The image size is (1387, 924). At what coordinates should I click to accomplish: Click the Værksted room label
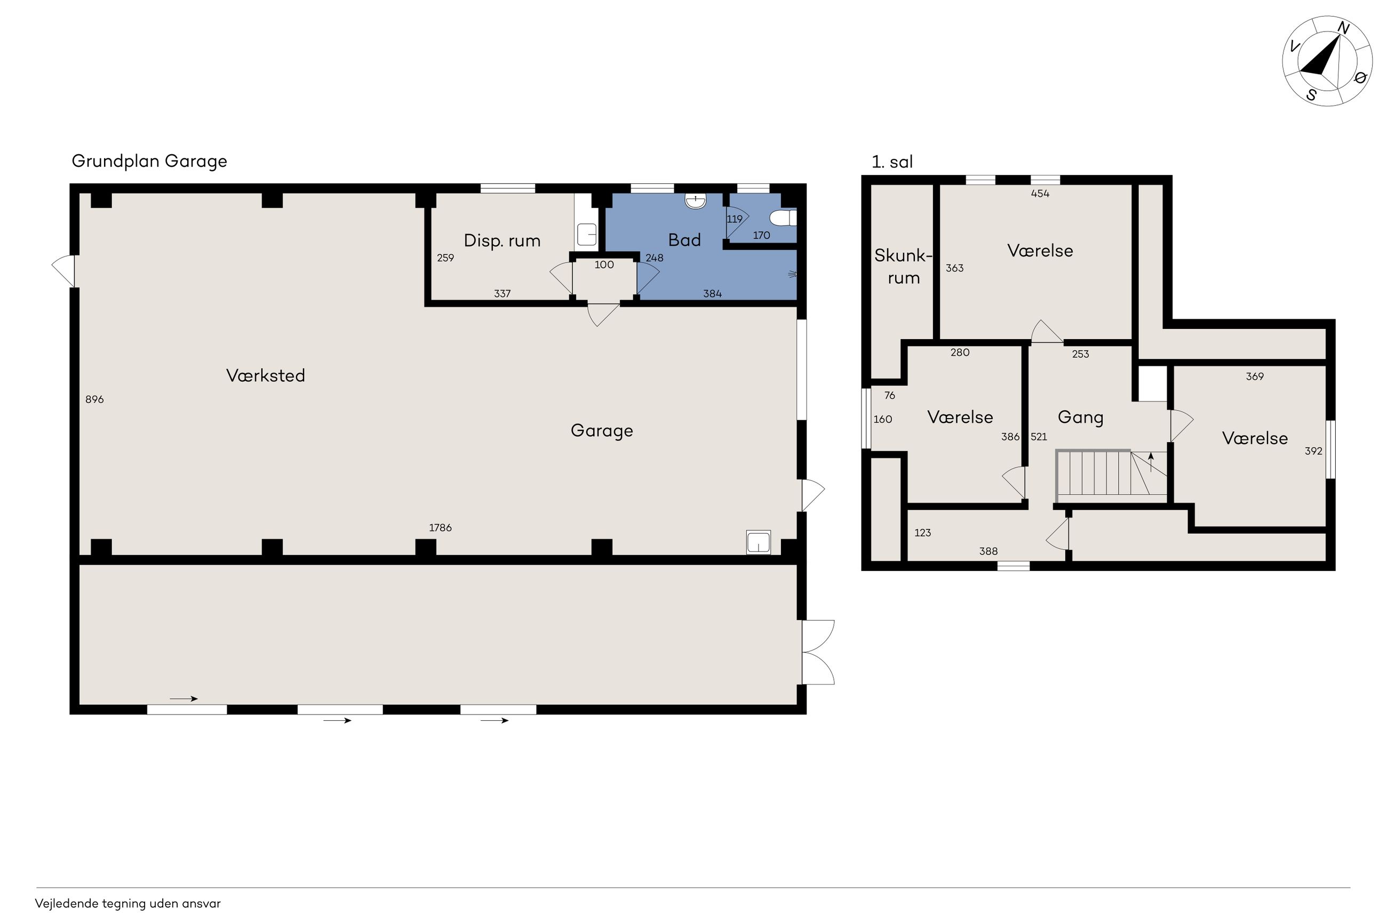pos(265,375)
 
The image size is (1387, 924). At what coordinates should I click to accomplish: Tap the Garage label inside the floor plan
pos(602,431)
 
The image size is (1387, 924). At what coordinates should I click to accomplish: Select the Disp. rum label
pos(502,240)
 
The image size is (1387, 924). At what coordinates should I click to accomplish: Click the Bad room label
pos(684,240)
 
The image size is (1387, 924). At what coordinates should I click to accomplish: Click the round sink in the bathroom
pos(696,201)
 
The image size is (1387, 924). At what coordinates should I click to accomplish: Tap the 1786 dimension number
pos(440,527)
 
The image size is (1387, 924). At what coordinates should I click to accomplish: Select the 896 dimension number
pos(94,399)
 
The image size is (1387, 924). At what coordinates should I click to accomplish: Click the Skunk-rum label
pos(903,267)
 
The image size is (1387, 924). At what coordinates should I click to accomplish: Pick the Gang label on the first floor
pos(1080,418)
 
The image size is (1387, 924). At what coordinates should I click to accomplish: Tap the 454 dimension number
pos(1040,194)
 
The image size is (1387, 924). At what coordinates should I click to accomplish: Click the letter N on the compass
pos(1343,28)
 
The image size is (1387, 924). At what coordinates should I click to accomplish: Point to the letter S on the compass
pos(1312,95)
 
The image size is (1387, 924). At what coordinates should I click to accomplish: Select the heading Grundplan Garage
pos(149,162)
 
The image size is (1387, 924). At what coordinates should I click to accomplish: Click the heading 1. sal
pos(892,162)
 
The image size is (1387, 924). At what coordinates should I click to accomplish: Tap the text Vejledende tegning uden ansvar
pos(128,903)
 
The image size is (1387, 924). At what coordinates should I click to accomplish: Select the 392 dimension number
pos(1313,451)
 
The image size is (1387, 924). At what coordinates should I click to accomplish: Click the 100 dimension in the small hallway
pos(604,264)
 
